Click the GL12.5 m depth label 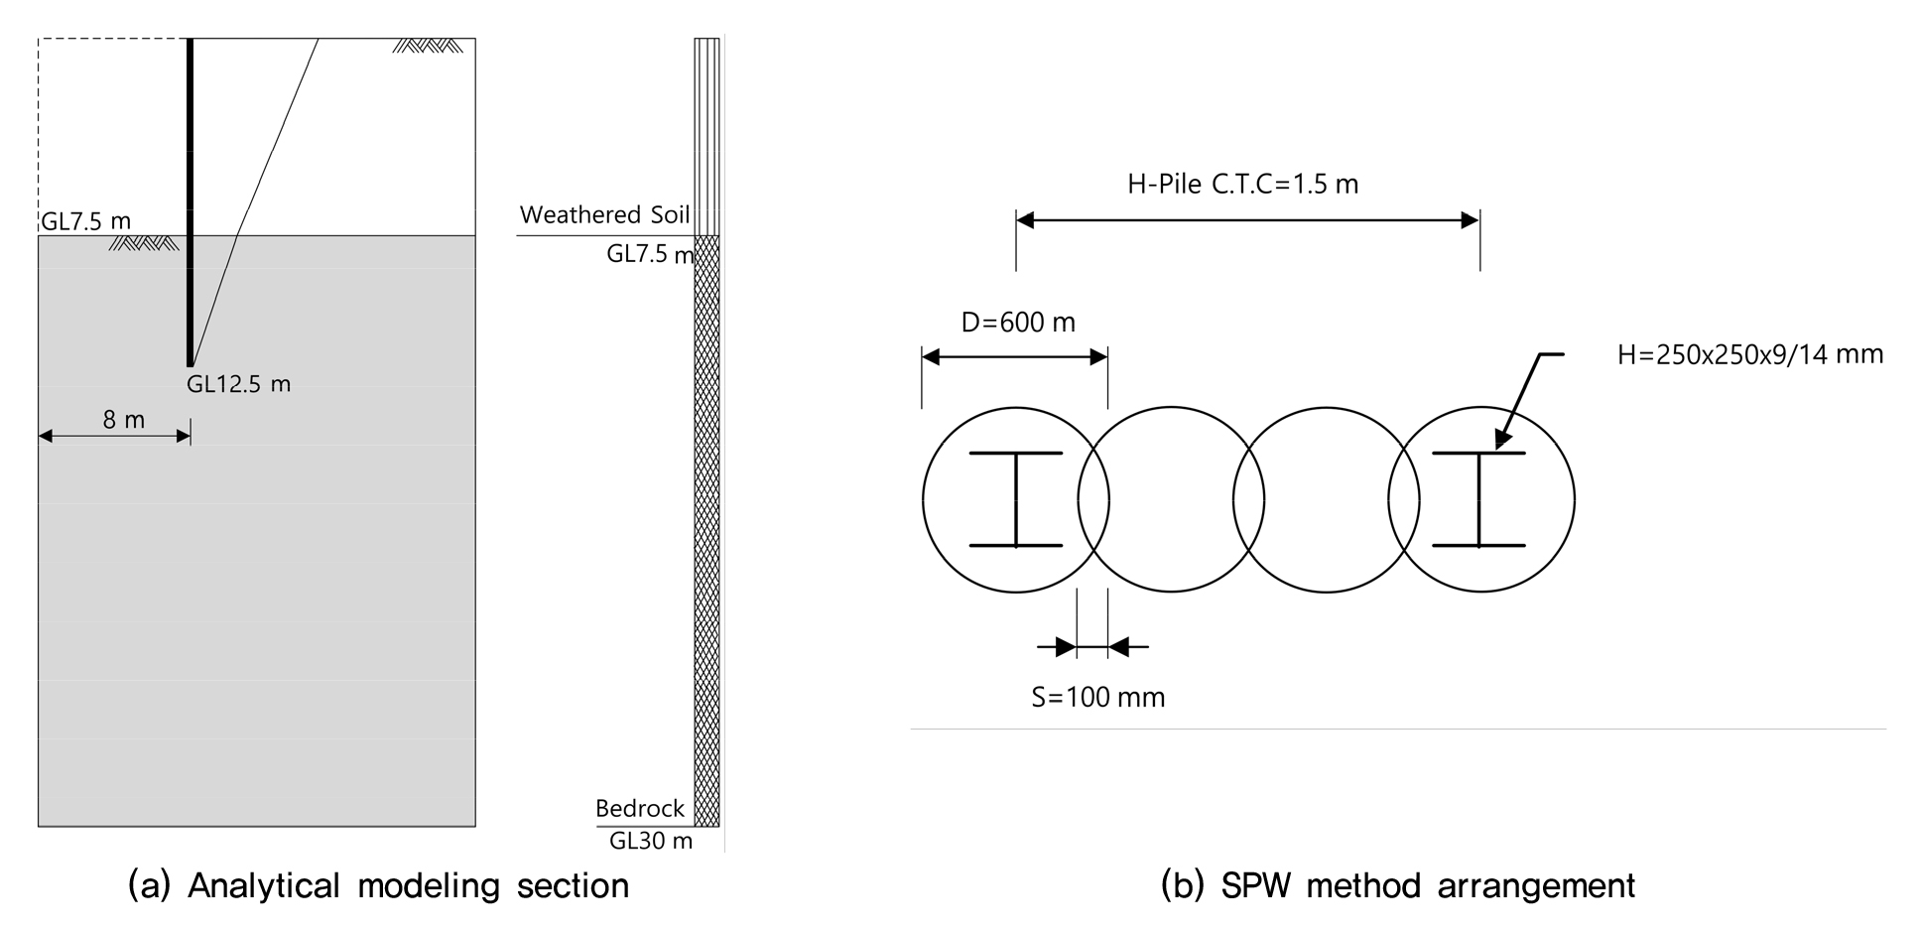click(x=238, y=384)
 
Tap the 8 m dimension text click(x=124, y=420)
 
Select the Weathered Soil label click(x=604, y=214)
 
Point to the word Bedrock click(x=640, y=808)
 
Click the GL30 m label click(x=651, y=842)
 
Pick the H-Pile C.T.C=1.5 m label click(x=1242, y=184)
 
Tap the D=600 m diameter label click(x=1018, y=323)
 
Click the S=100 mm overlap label click(x=1098, y=697)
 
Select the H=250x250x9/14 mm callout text click(x=1750, y=354)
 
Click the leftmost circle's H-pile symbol click(x=1016, y=499)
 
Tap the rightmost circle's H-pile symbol click(x=1479, y=499)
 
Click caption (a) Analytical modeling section click(x=379, y=885)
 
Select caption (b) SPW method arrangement click(x=1398, y=885)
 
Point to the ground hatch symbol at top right click(x=427, y=46)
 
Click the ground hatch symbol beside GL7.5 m click(x=144, y=243)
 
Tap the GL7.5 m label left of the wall click(x=85, y=220)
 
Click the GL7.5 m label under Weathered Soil click(x=650, y=254)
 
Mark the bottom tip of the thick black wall click(x=190, y=366)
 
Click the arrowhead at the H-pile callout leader click(x=1502, y=441)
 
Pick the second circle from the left click(x=1171, y=407)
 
